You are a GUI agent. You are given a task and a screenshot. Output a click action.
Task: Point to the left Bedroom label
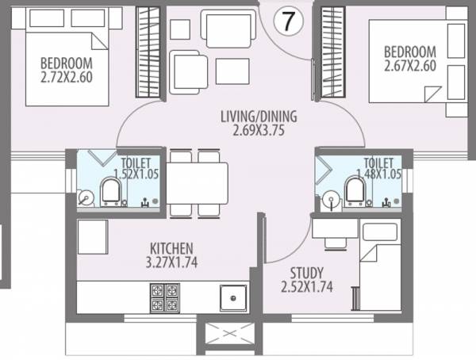(x=67, y=63)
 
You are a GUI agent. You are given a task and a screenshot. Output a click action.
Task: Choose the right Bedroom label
(x=410, y=52)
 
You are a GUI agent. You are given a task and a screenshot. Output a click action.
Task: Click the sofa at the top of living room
(x=228, y=29)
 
